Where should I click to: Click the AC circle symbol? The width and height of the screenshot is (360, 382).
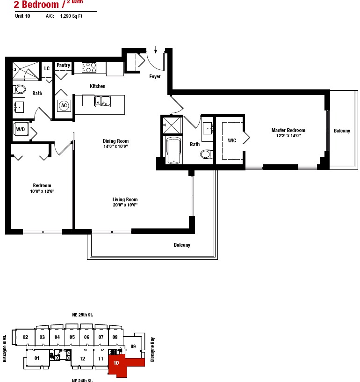64,105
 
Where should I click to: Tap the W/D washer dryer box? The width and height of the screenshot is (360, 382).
21,129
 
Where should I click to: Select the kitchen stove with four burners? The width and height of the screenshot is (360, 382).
89,67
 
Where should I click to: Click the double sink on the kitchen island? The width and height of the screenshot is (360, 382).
103,101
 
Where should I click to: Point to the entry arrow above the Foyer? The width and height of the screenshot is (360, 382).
155,50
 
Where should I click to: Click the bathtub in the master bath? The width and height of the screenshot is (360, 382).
173,150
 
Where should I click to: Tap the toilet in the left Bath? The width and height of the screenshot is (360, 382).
19,89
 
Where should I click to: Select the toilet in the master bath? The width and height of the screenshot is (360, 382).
207,154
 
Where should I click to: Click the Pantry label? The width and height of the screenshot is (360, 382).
63,65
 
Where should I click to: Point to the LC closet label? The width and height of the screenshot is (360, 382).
47,68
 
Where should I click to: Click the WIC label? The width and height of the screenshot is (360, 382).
232,140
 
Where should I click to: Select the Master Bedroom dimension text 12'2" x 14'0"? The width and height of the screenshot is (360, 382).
288,136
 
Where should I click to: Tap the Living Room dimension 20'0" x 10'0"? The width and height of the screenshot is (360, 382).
125,205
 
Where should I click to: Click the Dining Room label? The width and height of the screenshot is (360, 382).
115,141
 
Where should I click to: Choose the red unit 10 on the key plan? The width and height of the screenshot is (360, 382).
122,364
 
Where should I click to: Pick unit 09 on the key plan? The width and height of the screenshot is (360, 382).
133,346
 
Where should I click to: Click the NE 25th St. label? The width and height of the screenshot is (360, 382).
82,315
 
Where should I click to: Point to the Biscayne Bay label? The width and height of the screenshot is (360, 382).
152,350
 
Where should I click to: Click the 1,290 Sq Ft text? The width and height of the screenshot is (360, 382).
71,16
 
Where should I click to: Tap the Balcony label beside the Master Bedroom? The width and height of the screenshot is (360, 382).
342,131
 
